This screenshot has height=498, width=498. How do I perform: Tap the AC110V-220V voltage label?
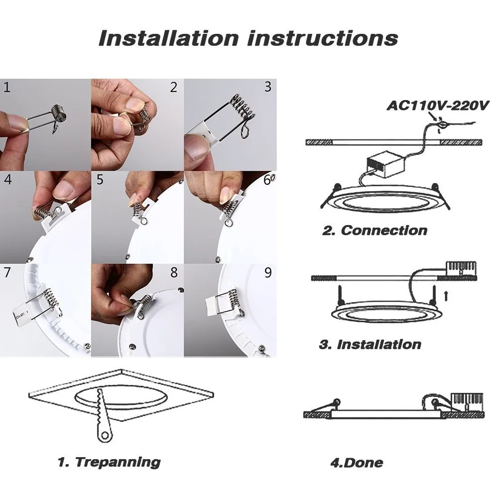pyautogui.click(x=439, y=106)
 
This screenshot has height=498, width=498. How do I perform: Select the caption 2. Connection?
pyautogui.click(x=374, y=230)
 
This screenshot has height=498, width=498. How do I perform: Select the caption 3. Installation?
pyautogui.click(x=370, y=344)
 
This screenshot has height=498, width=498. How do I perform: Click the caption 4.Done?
pyautogui.click(x=357, y=462)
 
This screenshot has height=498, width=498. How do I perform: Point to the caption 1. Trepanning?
pyautogui.click(x=109, y=462)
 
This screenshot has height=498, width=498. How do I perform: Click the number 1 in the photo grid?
pyautogui.click(x=6, y=88)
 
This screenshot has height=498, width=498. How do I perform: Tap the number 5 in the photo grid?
pyautogui.click(x=100, y=179)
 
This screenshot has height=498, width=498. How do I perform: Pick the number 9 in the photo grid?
pyautogui.click(x=268, y=272)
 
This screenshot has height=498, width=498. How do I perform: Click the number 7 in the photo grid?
pyautogui.click(x=6, y=272)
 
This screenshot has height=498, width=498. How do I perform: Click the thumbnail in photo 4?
pyautogui.click(x=64, y=190)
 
